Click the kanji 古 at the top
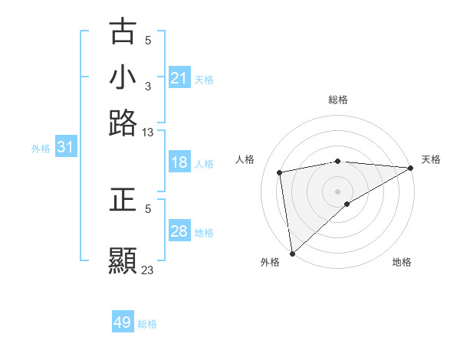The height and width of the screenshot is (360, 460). coord(123,32)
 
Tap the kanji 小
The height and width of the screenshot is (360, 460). coord(123,77)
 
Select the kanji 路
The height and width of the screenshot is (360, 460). coord(123,123)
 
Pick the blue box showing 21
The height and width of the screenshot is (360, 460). coord(179,78)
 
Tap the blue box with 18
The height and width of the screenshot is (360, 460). coord(179,162)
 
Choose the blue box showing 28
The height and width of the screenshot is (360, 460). coord(179,231)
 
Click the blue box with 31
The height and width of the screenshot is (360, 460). coord(65,147)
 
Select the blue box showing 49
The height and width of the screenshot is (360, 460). coord(123,322)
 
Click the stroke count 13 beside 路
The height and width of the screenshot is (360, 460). coord(148,133)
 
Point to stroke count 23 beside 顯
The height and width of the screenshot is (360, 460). coord(148,270)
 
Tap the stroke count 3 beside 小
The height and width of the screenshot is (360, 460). coord(148,87)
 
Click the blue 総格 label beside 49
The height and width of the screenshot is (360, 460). coord(147,324)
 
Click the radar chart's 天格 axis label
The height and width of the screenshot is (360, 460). coord(431,159)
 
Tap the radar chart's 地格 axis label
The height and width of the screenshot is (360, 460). coord(402,262)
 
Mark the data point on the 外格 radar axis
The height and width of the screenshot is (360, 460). coord(292,254)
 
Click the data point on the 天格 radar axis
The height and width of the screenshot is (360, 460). coord(411,168)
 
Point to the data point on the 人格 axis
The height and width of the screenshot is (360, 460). coord(281,172)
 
